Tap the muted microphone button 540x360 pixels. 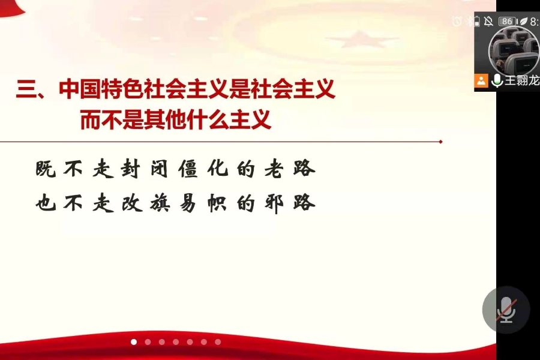[x=506, y=310]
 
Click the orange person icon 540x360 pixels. [x=481, y=80]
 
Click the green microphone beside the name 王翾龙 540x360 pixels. [x=497, y=80]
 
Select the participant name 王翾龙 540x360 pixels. [x=522, y=80]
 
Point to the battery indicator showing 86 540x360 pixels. [x=508, y=22]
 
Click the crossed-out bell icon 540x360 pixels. [x=488, y=22]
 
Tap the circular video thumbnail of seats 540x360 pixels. [x=514, y=49]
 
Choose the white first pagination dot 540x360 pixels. [x=134, y=342]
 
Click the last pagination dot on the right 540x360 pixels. [x=218, y=342]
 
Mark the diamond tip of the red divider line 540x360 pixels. [x=440, y=142]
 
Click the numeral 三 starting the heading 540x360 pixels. [x=26, y=89]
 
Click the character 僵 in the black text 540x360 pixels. [x=188, y=169]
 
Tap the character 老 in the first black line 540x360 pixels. [x=274, y=169]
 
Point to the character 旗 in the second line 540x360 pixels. [x=160, y=203]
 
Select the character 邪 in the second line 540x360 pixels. [x=274, y=203]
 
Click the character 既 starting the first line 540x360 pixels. [x=46, y=169]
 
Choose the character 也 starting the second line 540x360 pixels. [x=46, y=203]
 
